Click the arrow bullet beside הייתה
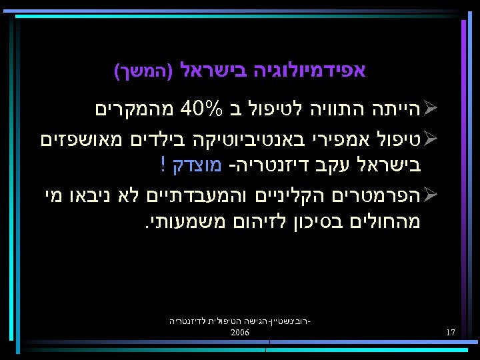click(430, 107)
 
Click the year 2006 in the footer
click(240, 331)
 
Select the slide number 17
click(451, 332)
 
